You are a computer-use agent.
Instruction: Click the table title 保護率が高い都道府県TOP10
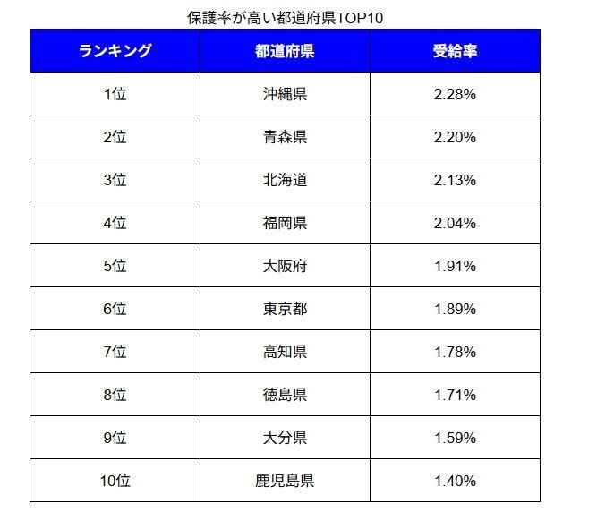coord(285,18)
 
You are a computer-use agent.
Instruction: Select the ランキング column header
coord(115,51)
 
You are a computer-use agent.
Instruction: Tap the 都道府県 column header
coord(285,51)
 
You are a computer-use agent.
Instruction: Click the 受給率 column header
coord(455,51)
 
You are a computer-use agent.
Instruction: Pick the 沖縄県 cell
coord(285,94)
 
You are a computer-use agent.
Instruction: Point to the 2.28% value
coord(455,94)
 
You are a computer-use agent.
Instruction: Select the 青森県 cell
coord(285,137)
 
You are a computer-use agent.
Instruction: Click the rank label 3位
coord(115,180)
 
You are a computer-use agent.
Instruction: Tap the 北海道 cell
coord(285,180)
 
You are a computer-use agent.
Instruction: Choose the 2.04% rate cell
coord(455,223)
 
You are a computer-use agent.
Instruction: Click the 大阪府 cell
coord(285,266)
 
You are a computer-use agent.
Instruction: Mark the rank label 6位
coord(115,309)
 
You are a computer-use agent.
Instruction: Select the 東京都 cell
coord(285,309)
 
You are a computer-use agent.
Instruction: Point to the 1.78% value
coord(455,352)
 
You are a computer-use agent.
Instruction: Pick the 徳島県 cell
coord(285,395)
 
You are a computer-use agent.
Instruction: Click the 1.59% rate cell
coord(455,438)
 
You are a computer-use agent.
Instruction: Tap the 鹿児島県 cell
coord(285,481)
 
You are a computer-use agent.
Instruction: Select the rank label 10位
coord(115,481)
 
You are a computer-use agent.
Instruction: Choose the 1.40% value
coord(455,481)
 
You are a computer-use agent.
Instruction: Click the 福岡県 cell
coord(285,223)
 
